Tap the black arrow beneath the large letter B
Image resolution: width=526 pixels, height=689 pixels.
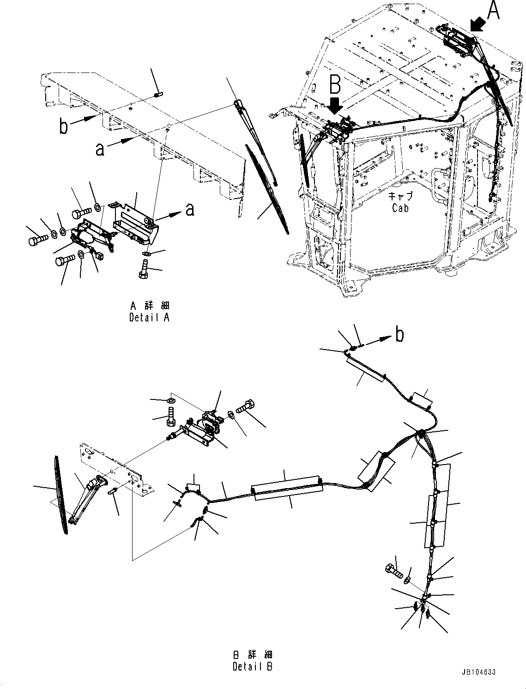[x=336, y=105]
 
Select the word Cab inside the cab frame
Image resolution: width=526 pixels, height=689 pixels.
[x=400, y=208]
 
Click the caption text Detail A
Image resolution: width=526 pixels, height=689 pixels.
[x=149, y=318]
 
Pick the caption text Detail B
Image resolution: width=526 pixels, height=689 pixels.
[x=253, y=666]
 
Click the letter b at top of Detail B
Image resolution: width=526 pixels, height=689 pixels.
[x=399, y=334]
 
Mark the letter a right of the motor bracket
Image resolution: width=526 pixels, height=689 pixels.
[x=189, y=210]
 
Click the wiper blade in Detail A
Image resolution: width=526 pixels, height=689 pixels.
[x=268, y=189]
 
